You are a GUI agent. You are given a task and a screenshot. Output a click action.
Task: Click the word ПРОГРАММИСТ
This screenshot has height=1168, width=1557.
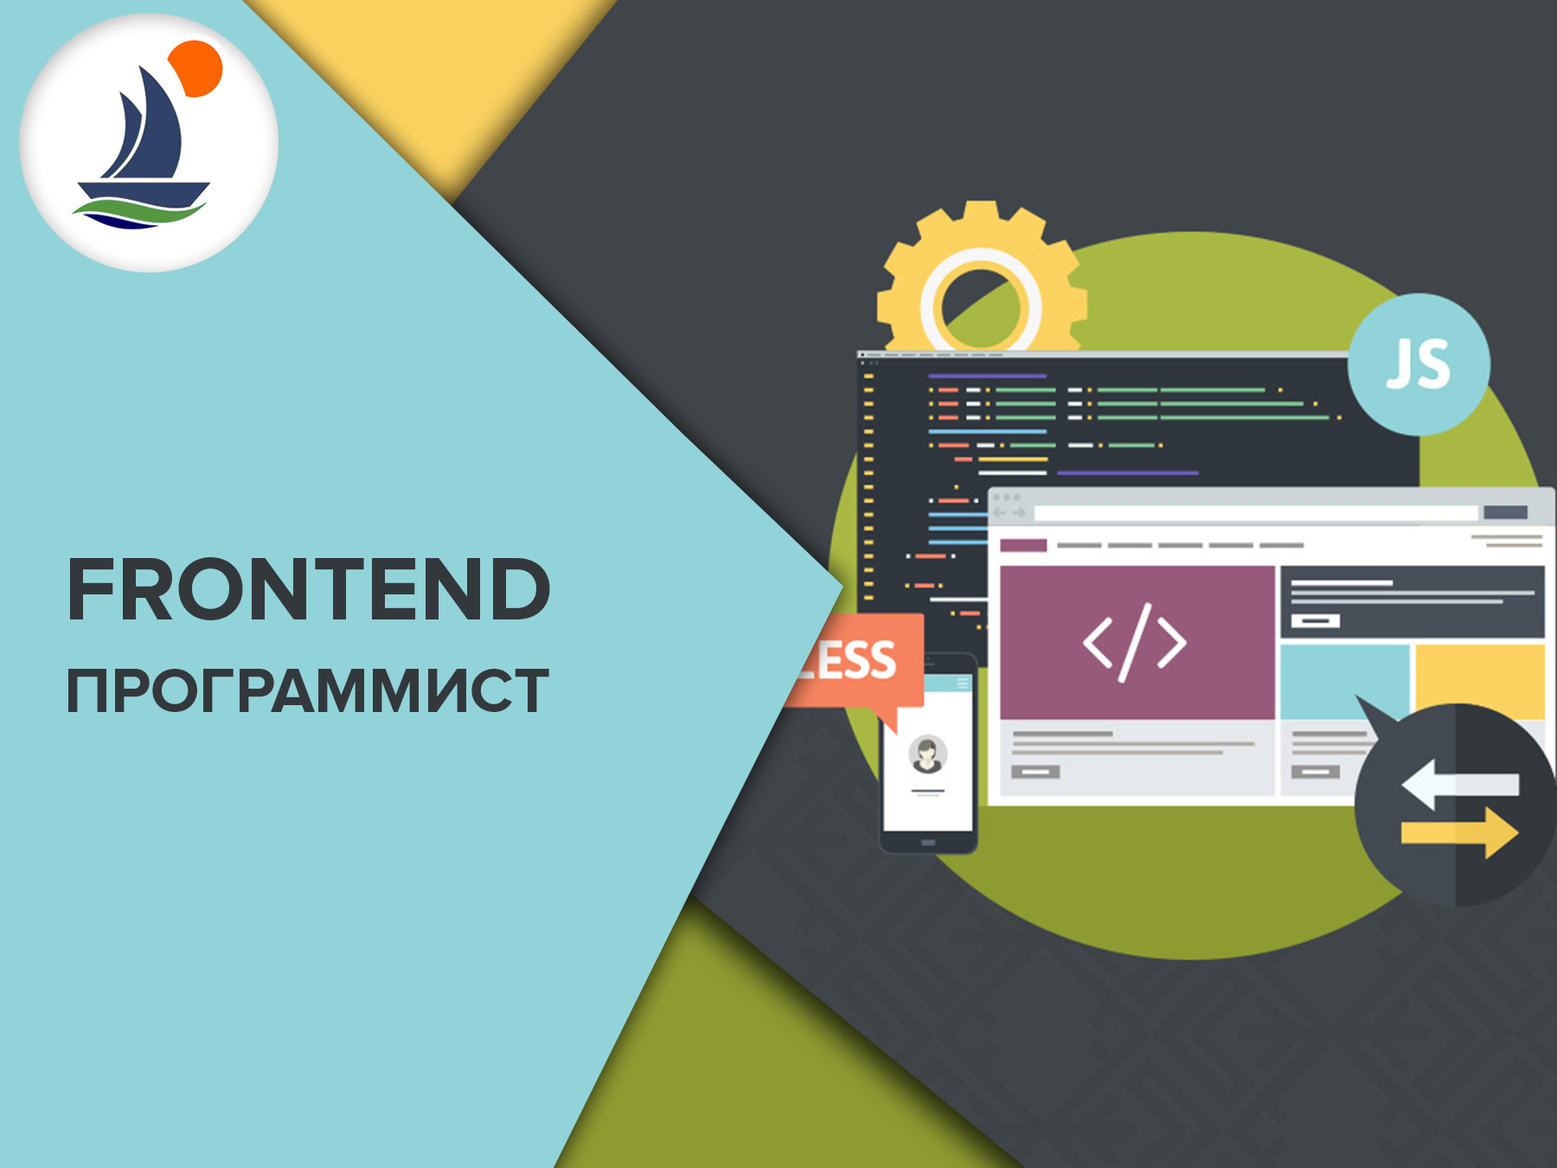pyautogui.click(x=308, y=691)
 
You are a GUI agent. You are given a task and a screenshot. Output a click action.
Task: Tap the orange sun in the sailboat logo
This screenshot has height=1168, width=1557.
pyautogui.click(x=196, y=68)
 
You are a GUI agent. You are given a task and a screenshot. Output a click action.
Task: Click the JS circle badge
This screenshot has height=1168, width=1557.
pyautogui.click(x=1419, y=364)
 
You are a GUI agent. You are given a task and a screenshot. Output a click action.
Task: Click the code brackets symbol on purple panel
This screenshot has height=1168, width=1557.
pyautogui.click(x=1135, y=642)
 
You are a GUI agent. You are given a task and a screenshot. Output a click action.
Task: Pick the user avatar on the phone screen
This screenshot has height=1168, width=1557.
pyautogui.click(x=927, y=754)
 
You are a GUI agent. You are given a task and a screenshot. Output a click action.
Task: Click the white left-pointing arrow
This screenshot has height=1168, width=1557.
pyautogui.click(x=1460, y=784)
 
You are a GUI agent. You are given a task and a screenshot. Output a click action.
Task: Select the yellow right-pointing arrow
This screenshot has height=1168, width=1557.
pyautogui.click(x=1460, y=832)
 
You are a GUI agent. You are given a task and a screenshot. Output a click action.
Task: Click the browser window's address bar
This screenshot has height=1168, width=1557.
pyautogui.click(x=1255, y=513)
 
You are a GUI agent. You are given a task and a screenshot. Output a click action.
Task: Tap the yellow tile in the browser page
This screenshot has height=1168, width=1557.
pyautogui.click(x=1480, y=681)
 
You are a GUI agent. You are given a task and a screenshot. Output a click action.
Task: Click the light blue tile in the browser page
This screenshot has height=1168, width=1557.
pyautogui.click(x=1344, y=681)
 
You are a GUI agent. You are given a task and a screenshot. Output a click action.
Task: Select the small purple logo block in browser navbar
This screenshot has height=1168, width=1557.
pyautogui.click(x=1023, y=545)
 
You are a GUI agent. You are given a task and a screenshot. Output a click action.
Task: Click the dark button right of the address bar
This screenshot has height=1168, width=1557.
pyautogui.click(x=1505, y=513)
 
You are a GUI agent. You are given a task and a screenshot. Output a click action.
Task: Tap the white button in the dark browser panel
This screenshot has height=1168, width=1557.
pyautogui.click(x=1316, y=620)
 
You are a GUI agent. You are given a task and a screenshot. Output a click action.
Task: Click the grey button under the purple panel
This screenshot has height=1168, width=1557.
pyautogui.click(x=1035, y=772)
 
